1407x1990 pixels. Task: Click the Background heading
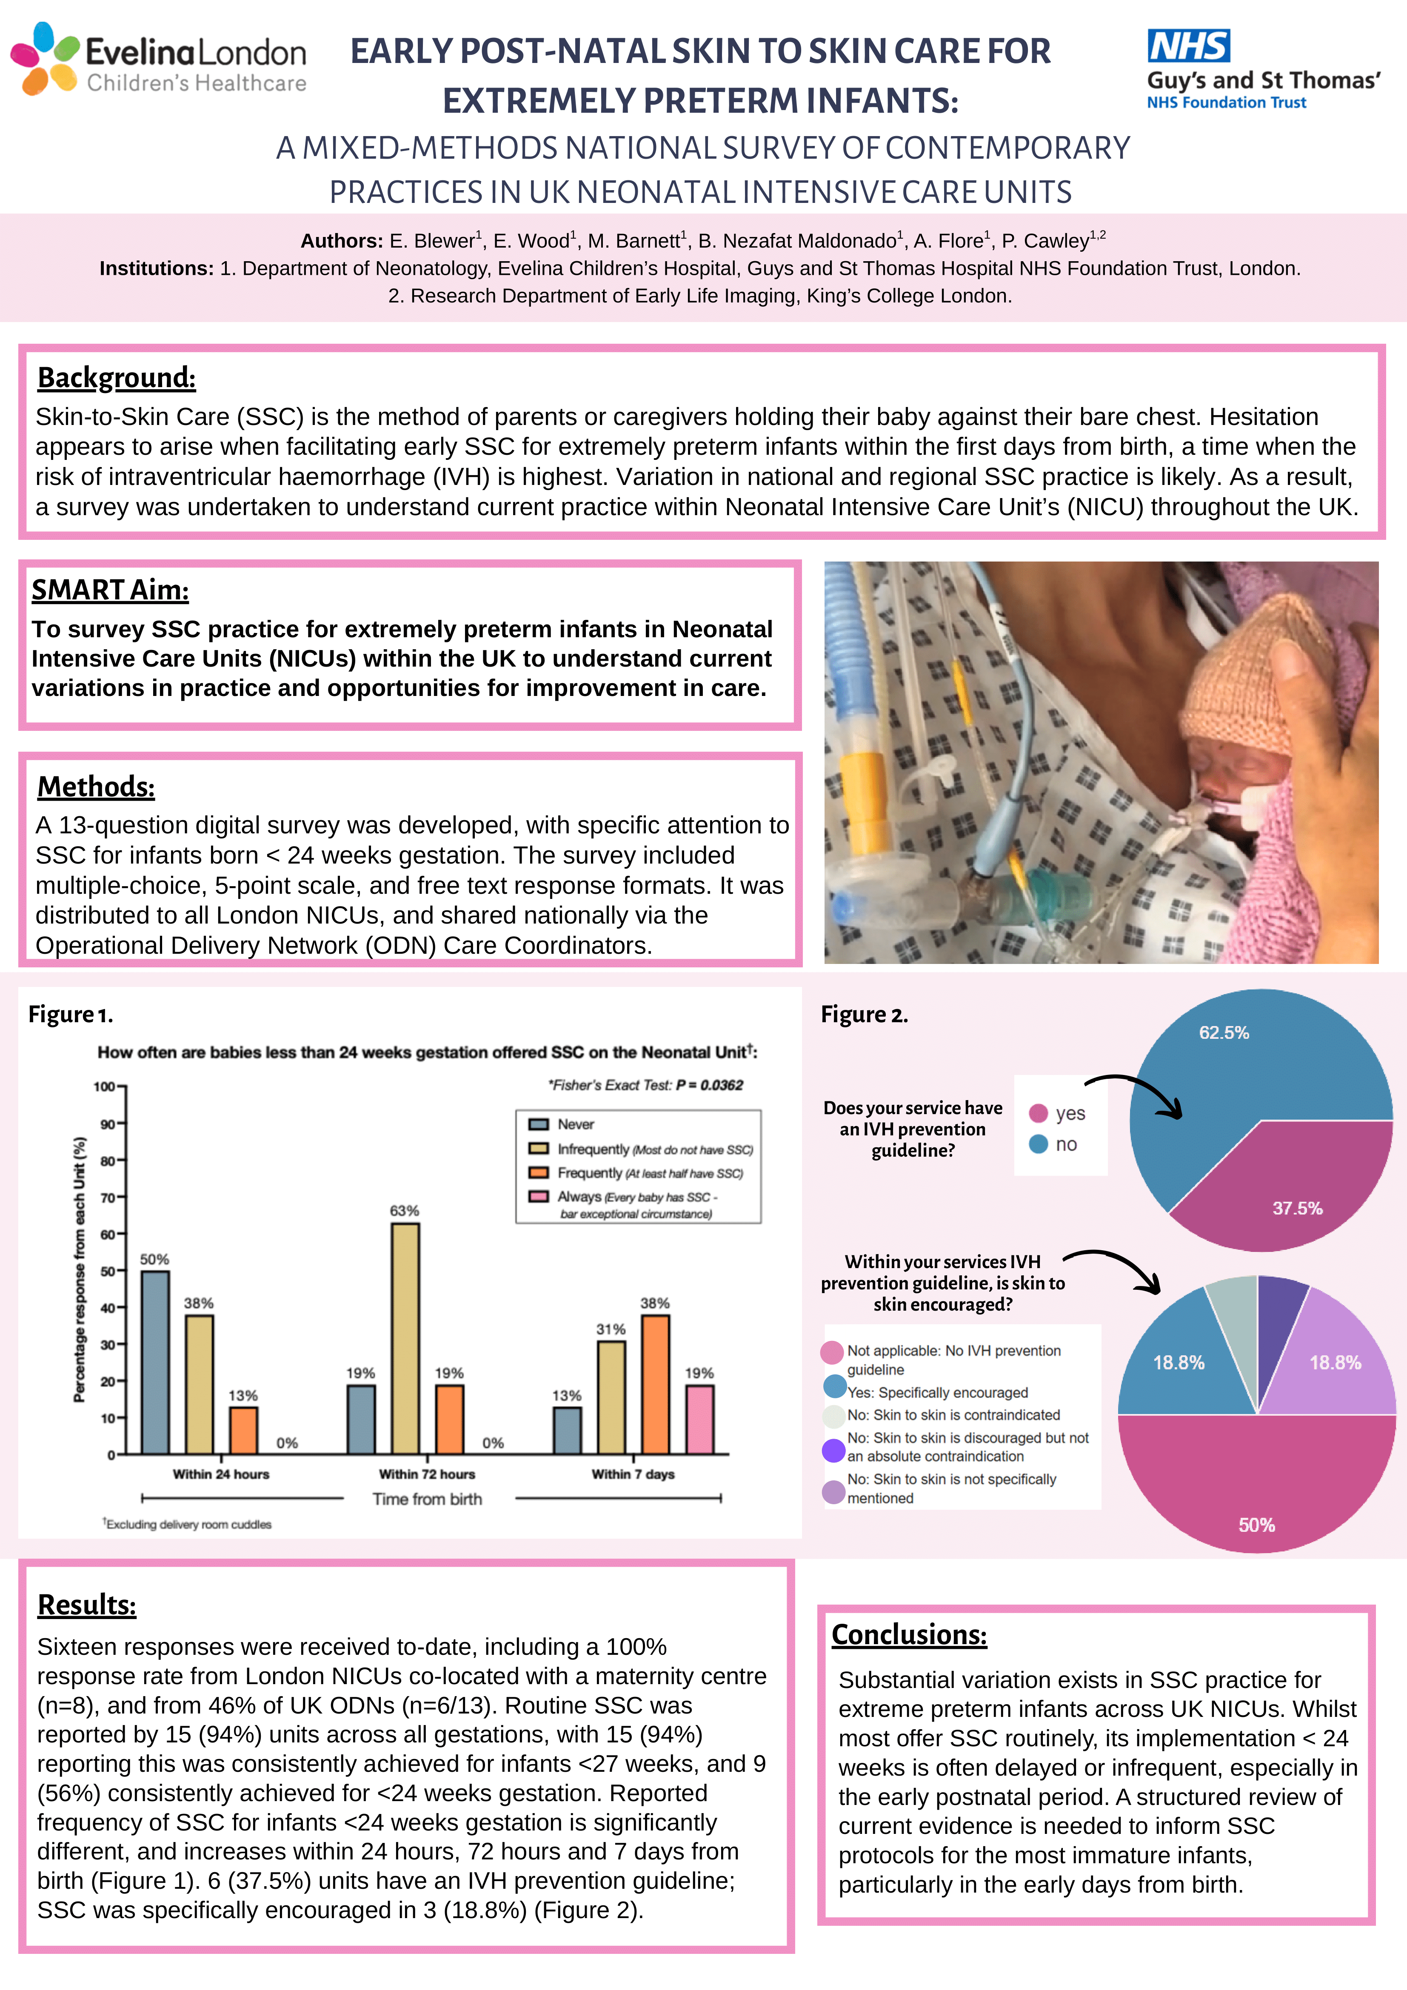click(116, 378)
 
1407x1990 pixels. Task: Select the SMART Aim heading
click(110, 589)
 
